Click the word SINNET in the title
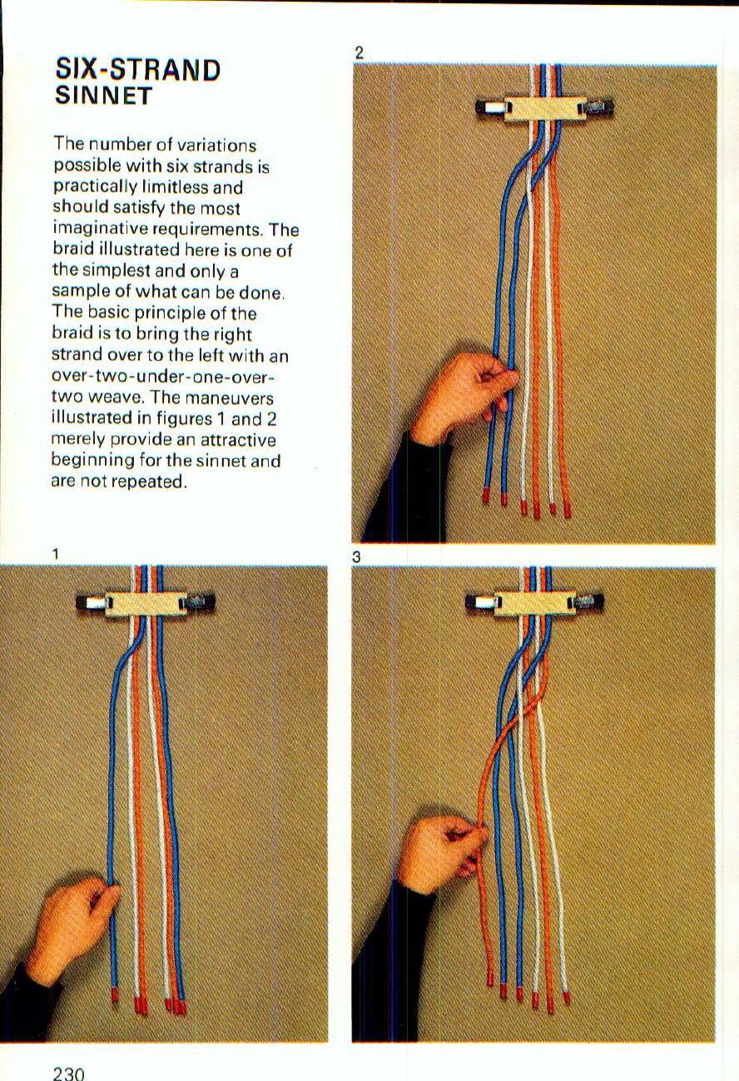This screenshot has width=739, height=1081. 104,96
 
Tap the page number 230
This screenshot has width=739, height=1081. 68,1073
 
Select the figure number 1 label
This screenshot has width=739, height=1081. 55,553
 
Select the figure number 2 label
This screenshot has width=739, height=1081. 359,52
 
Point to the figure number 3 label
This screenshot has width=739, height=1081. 356,558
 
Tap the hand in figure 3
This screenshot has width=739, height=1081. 441,852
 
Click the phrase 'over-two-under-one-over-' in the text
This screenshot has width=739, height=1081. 163,377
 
